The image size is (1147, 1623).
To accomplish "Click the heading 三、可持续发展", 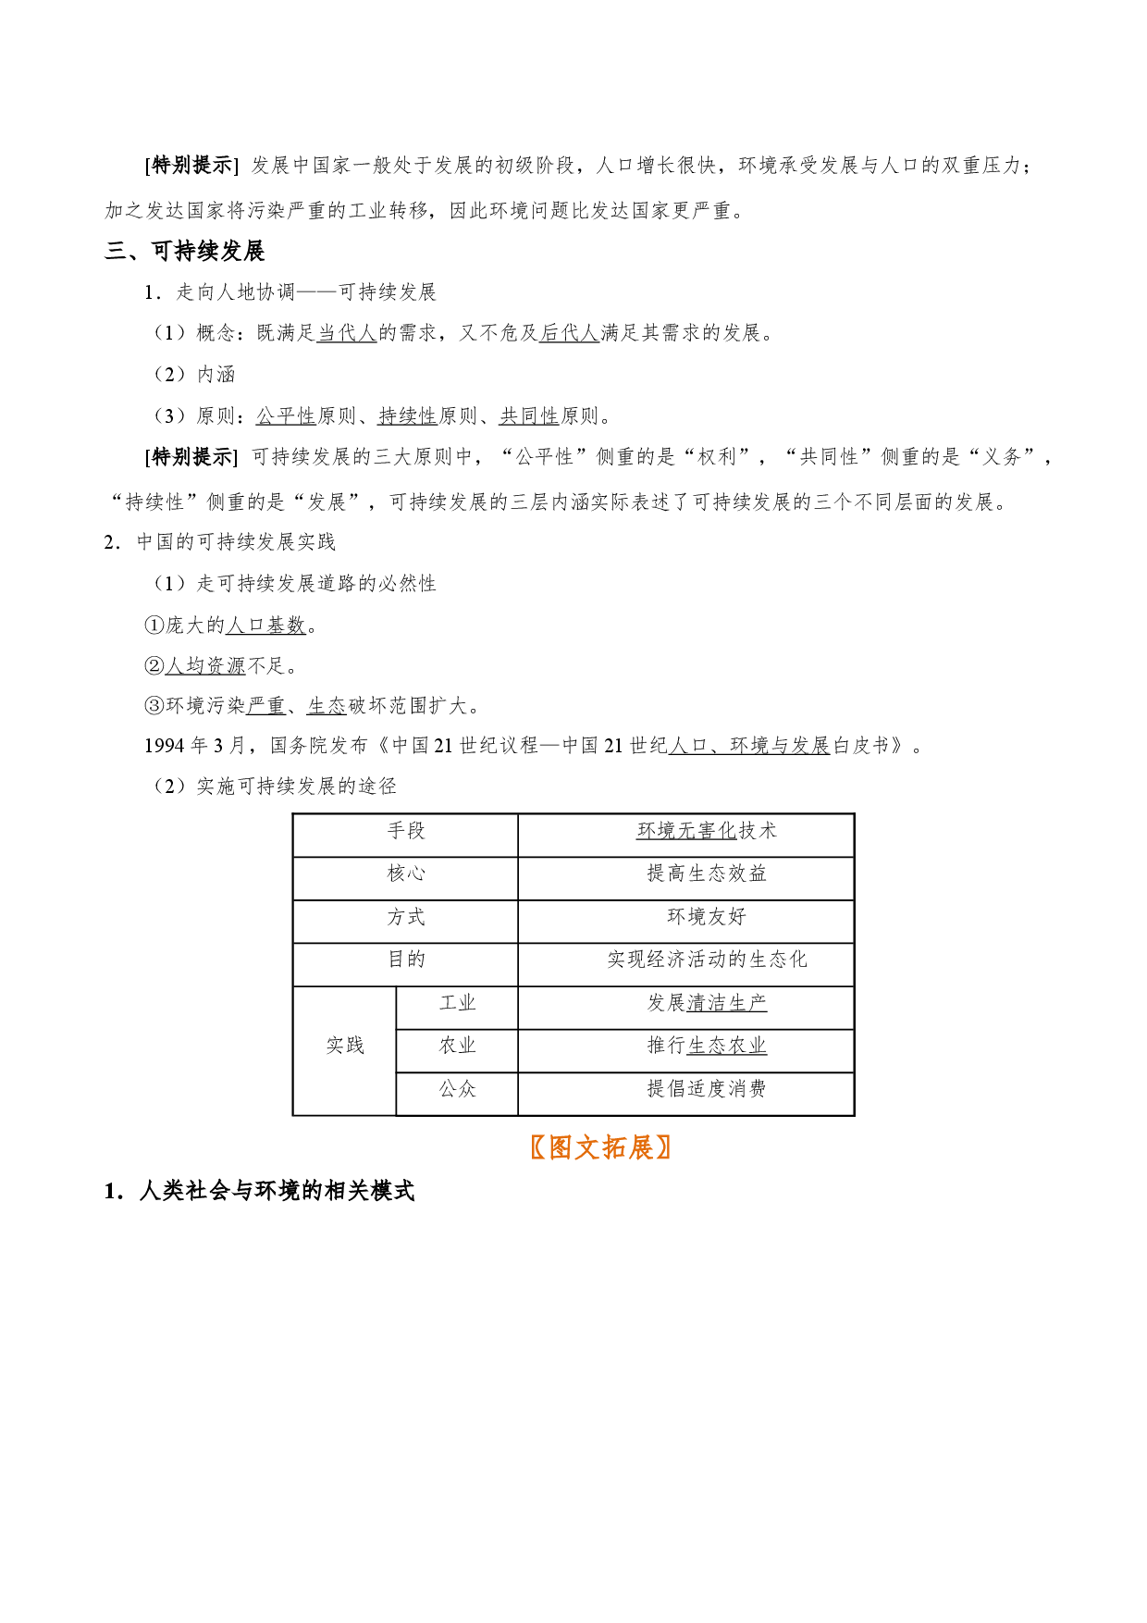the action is (x=185, y=251).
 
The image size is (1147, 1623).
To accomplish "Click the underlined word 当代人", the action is (x=347, y=333).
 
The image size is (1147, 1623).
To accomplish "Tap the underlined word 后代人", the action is (x=570, y=333).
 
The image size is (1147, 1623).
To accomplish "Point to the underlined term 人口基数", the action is (x=265, y=626).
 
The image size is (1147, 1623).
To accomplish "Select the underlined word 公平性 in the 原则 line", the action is (x=286, y=416).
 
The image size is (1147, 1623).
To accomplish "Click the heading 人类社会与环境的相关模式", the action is (x=277, y=1191).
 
